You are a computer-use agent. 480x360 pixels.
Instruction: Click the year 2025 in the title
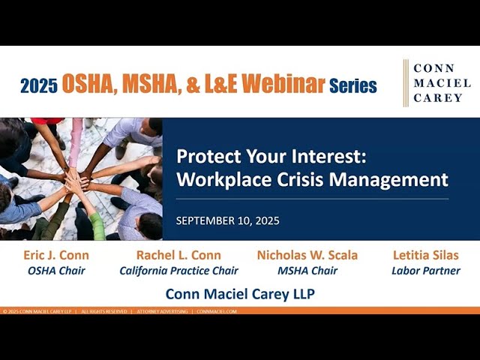(38, 85)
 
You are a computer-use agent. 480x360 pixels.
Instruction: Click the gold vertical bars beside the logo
(406, 83)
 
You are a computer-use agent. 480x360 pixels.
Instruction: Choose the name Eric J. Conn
(56, 255)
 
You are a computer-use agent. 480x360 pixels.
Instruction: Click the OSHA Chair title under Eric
(56, 271)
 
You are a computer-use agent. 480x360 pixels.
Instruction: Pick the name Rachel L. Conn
(178, 255)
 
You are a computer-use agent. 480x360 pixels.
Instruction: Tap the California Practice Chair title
(178, 271)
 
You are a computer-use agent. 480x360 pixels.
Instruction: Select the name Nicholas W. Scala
(307, 255)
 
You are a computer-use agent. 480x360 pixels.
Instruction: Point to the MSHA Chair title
(307, 271)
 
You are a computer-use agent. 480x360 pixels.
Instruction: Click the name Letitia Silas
(426, 255)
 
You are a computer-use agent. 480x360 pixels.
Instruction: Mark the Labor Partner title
(426, 271)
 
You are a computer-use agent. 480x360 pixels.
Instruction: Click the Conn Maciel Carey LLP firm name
(240, 293)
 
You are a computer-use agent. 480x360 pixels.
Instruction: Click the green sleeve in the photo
(97, 225)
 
